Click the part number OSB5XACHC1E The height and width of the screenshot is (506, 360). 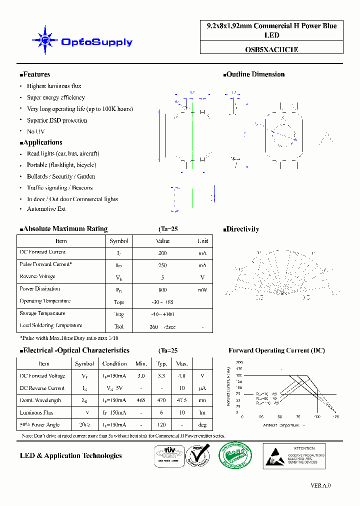pos(272,49)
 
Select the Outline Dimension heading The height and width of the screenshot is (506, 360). pos(255,74)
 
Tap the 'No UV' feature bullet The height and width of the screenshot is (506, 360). pos(35,131)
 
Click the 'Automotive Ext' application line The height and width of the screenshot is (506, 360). pos(46,209)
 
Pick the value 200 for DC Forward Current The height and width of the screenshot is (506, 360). pos(162,253)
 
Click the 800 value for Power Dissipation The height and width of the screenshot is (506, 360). pos(162,290)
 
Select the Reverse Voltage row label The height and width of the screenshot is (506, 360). pos(37,276)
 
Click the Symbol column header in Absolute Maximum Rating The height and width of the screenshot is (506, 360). pos(119,241)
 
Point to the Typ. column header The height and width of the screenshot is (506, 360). pos(161,364)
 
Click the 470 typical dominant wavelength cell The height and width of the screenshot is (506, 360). pos(161,400)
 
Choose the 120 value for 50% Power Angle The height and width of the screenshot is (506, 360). pos(161,425)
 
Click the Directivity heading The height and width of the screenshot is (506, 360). pos(242,229)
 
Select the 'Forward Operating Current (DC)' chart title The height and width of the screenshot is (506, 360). pos(276,350)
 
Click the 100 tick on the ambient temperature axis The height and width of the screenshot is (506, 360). pos(317,416)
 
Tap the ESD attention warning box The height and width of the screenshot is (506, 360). pos(294,456)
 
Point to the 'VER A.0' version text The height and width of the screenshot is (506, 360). pos(320,485)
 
